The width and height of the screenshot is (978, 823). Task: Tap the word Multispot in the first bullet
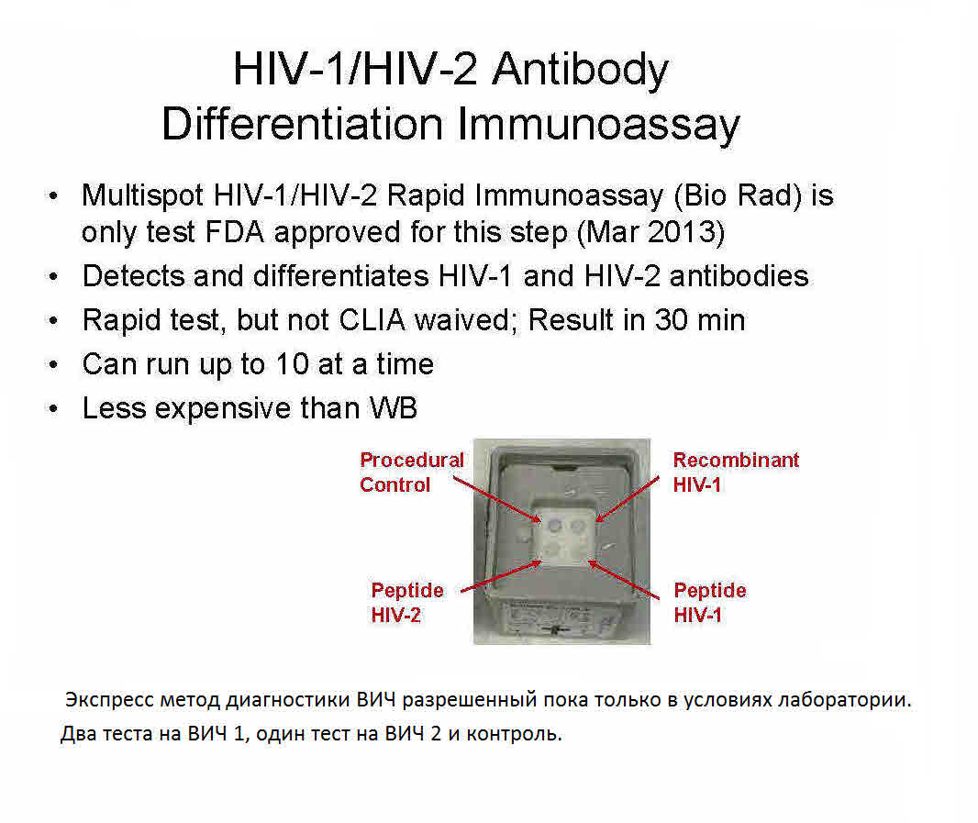(142, 196)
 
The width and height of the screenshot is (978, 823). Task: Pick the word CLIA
(372, 320)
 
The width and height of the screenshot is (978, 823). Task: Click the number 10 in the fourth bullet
(292, 364)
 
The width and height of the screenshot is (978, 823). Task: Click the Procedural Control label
(412, 473)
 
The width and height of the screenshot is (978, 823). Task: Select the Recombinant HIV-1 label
(736, 473)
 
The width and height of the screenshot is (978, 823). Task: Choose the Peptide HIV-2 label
(407, 603)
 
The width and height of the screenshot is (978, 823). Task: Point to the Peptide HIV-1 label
(710, 603)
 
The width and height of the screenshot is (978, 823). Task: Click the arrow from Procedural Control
(497, 499)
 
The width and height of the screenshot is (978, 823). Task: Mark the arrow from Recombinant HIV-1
(627, 499)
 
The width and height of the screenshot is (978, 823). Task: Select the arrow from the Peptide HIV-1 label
(623, 580)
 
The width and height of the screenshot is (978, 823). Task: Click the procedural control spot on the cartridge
(554, 526)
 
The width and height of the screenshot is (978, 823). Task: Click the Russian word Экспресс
(110, 700)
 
